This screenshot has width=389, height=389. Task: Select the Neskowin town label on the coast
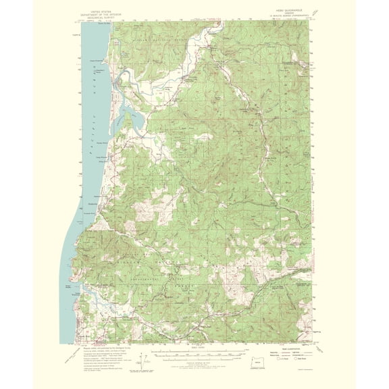[93, 203]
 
